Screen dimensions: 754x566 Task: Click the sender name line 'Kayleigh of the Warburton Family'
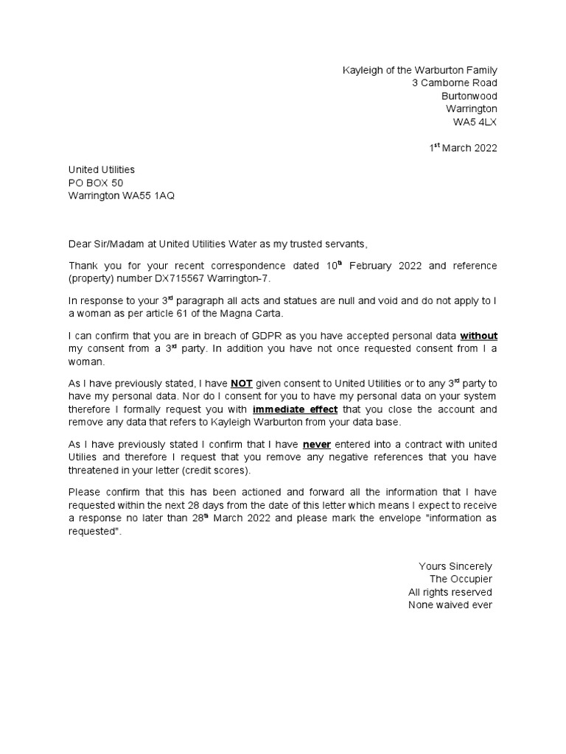coord(420,70)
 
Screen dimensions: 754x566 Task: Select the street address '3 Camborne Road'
coord(455,83)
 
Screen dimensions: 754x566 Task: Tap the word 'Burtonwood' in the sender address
coord(469,96)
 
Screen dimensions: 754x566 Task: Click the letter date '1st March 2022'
coord(464,148)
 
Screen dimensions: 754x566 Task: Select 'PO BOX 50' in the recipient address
coord(96,183)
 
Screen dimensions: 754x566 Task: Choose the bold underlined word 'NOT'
coord(242,384)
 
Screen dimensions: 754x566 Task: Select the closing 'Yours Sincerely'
coord(455,566)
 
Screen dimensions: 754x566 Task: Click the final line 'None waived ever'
coord(450,605)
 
